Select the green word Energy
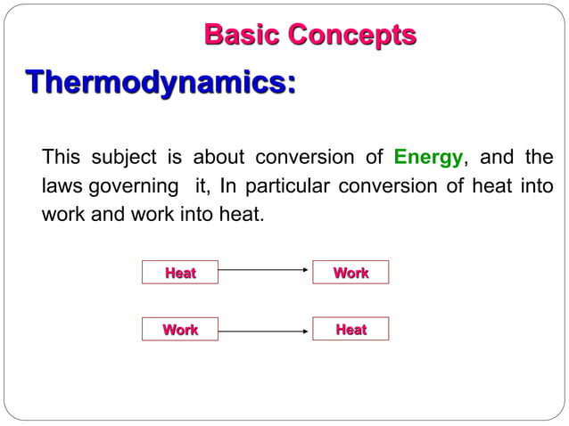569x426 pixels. click(428, 160)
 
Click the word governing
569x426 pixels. click(131, 188)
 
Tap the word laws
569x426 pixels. click(62, 188)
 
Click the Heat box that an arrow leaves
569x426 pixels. click(180, 273)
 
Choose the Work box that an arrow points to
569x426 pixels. click(350, 273)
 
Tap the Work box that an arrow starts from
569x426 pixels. click(180, 330)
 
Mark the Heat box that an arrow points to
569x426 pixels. click(350, 330)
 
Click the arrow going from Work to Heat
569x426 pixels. click(263, 332)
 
